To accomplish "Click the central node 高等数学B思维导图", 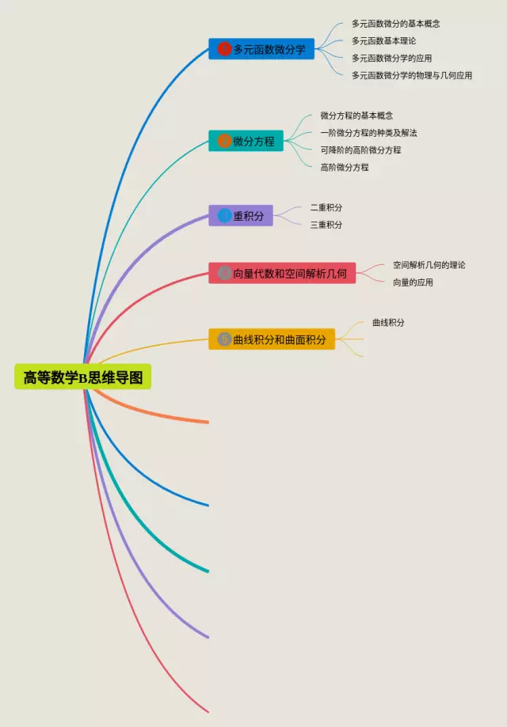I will pos(82,377).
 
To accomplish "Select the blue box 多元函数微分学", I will pos(261,49).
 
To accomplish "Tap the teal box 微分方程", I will pos(246,142).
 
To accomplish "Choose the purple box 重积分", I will pos(241,215).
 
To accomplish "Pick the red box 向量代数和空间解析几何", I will pos(282,273).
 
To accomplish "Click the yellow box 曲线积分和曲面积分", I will pos(272,339).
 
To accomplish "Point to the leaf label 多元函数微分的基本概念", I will pos(395,24).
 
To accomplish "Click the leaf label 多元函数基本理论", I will pos(383,40).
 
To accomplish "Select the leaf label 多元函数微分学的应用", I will pos(391,58).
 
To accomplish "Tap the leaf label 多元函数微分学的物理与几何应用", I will pos(411,75).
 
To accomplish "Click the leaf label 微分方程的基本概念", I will pos(356,115).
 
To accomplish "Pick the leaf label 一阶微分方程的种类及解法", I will pos(368,133).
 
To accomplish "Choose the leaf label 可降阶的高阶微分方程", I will pos(360,150).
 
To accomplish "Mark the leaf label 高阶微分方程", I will pos(344,167).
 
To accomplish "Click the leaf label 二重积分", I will pos(326,207).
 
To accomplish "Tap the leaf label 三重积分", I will pos(326,225).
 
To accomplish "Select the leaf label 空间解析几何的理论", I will pos(429,265).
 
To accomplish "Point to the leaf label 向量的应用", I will pos(413,282).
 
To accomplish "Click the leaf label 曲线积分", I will pos(388,323).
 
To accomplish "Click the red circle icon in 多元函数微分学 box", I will pos(224,49).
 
